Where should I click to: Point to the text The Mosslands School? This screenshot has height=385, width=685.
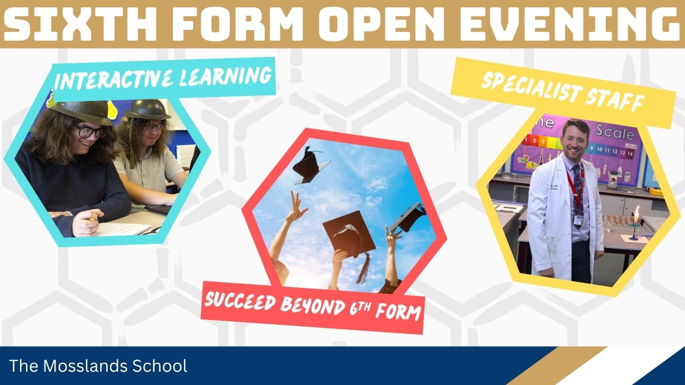click(x=98, y=366)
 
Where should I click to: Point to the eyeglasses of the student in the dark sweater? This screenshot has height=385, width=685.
click(x=90, y=131)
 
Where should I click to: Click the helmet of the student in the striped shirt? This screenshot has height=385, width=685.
click(x=147, y=110)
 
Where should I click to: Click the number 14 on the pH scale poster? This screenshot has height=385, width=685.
click(x=630, y=154)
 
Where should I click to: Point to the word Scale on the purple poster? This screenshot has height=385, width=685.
click(x=615, y=133)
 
